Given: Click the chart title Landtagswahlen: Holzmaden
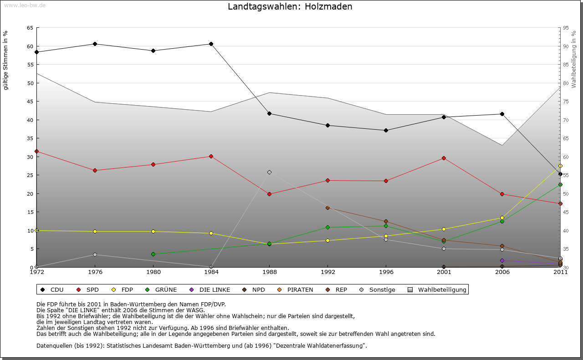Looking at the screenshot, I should pos(290,7).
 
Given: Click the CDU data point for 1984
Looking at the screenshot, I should pos(211,44).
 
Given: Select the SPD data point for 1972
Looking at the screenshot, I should pos(37,151).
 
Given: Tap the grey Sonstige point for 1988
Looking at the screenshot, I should pos(269,172).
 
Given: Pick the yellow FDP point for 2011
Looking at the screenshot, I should pos(560,166).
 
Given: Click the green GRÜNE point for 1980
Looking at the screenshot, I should pos(153,254).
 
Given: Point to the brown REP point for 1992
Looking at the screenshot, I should pos(327,208).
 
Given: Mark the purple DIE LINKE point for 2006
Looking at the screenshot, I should pos(502,260).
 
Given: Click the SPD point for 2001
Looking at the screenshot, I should pos(444,158).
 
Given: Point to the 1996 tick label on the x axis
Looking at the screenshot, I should pos(386,272).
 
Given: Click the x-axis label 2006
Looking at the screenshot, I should pos(502,272).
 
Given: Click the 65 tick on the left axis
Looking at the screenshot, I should pos(30,28).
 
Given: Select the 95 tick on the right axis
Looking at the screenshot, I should pos(566,28).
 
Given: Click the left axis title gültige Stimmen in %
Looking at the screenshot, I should pos(6,60).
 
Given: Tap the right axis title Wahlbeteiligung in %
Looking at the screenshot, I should pos(574,59).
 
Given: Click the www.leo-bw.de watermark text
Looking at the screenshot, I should pos(25,5).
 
